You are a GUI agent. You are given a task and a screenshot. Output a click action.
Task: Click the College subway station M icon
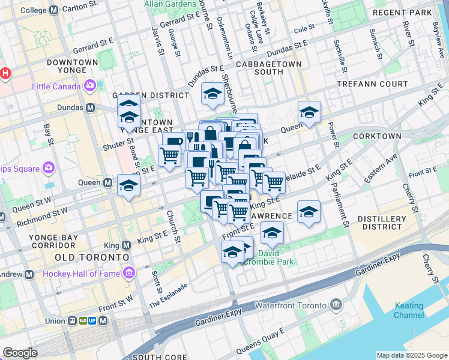point(54,10)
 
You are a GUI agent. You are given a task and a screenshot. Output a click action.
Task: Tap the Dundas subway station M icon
point(91,108)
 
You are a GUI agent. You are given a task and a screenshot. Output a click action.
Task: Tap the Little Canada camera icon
point(90,86)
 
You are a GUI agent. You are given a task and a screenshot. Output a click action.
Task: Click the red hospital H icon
point(5,74)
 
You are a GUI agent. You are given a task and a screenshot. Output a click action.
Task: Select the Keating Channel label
point(409,310)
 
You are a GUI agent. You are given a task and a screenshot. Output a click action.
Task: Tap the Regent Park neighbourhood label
point(411,13)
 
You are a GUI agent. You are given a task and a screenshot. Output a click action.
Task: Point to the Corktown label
point(377,136)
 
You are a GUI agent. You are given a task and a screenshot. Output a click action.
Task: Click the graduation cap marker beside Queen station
point(128,186)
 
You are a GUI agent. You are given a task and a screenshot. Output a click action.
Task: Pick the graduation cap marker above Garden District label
point(212,94)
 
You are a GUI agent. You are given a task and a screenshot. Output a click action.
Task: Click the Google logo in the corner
point(20,352)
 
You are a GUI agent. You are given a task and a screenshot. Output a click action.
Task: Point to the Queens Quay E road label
point(260,343)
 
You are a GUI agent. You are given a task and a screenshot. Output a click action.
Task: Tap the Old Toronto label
point(92,257)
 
